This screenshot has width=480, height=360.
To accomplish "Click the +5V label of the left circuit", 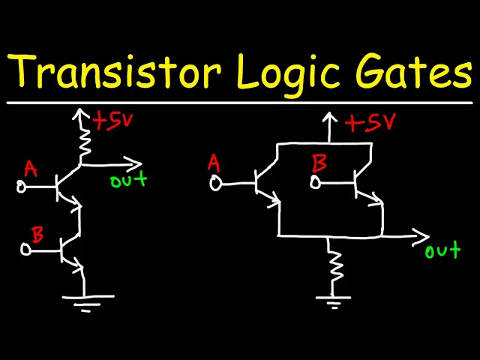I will click(112, 121).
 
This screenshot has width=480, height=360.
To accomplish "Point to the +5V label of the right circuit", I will click(370, 123).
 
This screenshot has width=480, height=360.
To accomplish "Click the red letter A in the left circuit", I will click(30, 169).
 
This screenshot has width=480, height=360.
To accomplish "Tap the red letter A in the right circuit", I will click(214, 163).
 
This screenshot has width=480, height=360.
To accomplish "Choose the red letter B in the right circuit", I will click(318, 163).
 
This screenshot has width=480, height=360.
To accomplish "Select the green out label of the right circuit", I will click(442, 251).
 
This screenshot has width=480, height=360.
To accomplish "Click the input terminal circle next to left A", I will click(22, 186).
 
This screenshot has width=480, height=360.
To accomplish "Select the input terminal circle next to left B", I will click(25, 250).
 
